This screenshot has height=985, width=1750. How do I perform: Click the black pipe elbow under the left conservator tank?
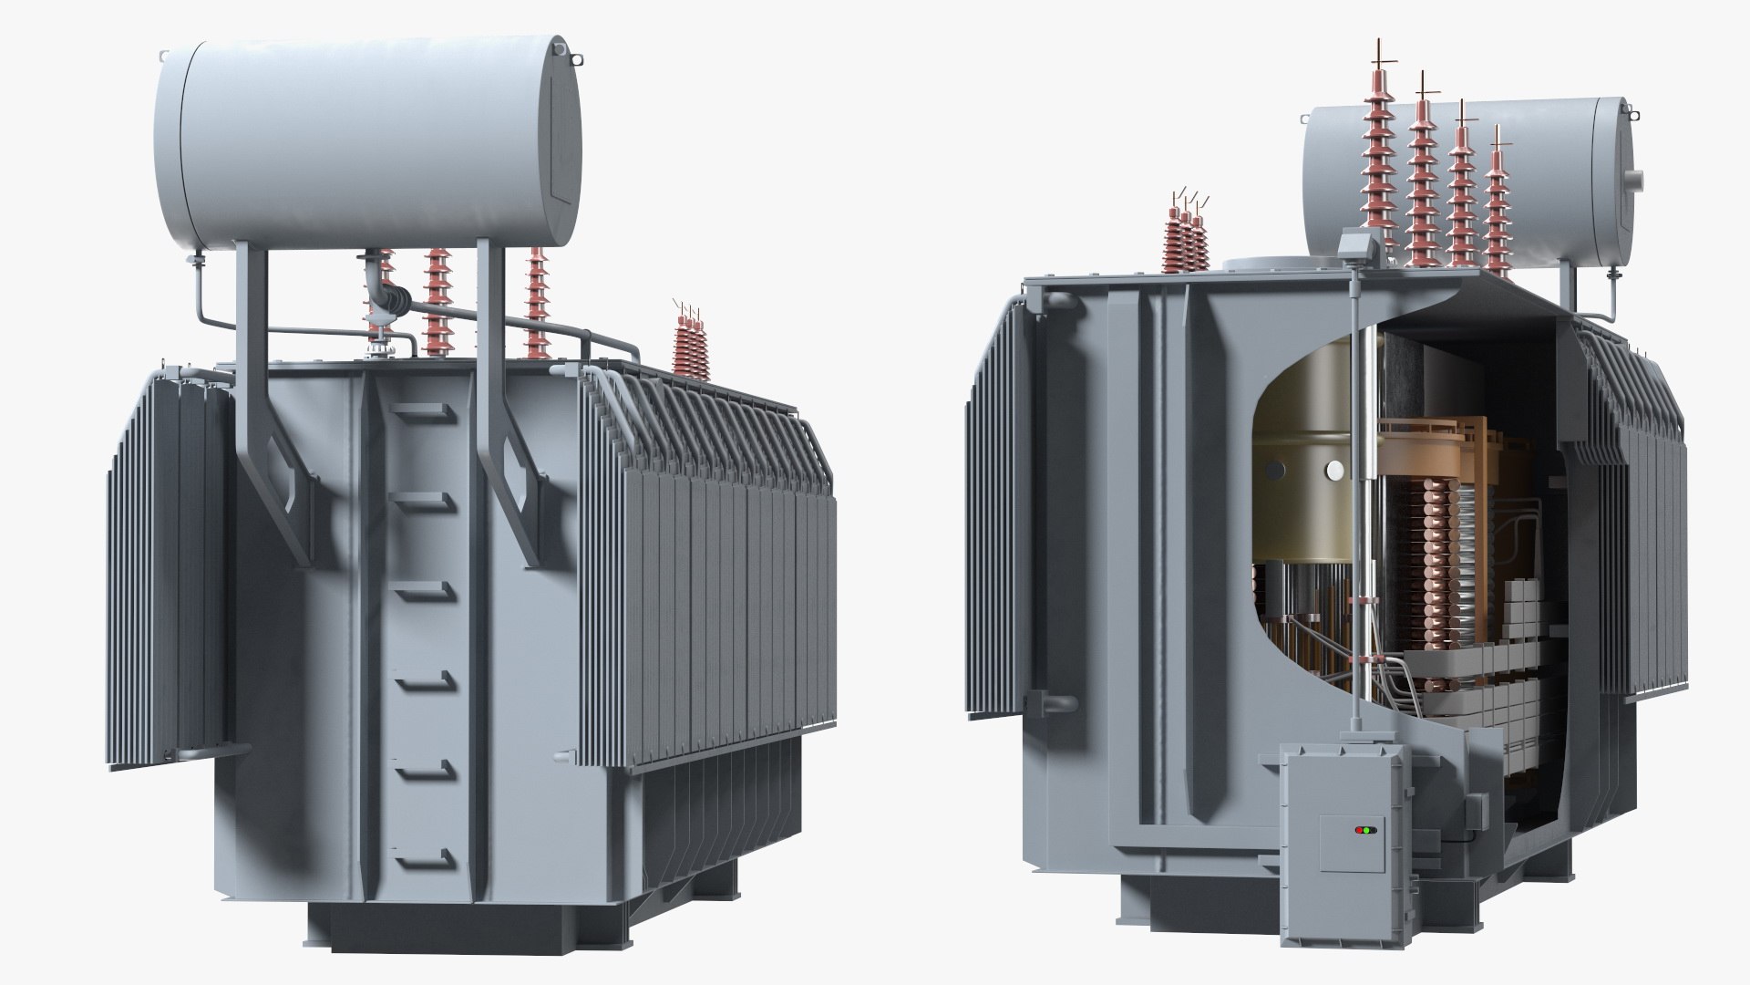click(x=396, y=298)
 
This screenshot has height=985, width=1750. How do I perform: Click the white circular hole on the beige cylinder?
click(x=1334, y=471)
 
